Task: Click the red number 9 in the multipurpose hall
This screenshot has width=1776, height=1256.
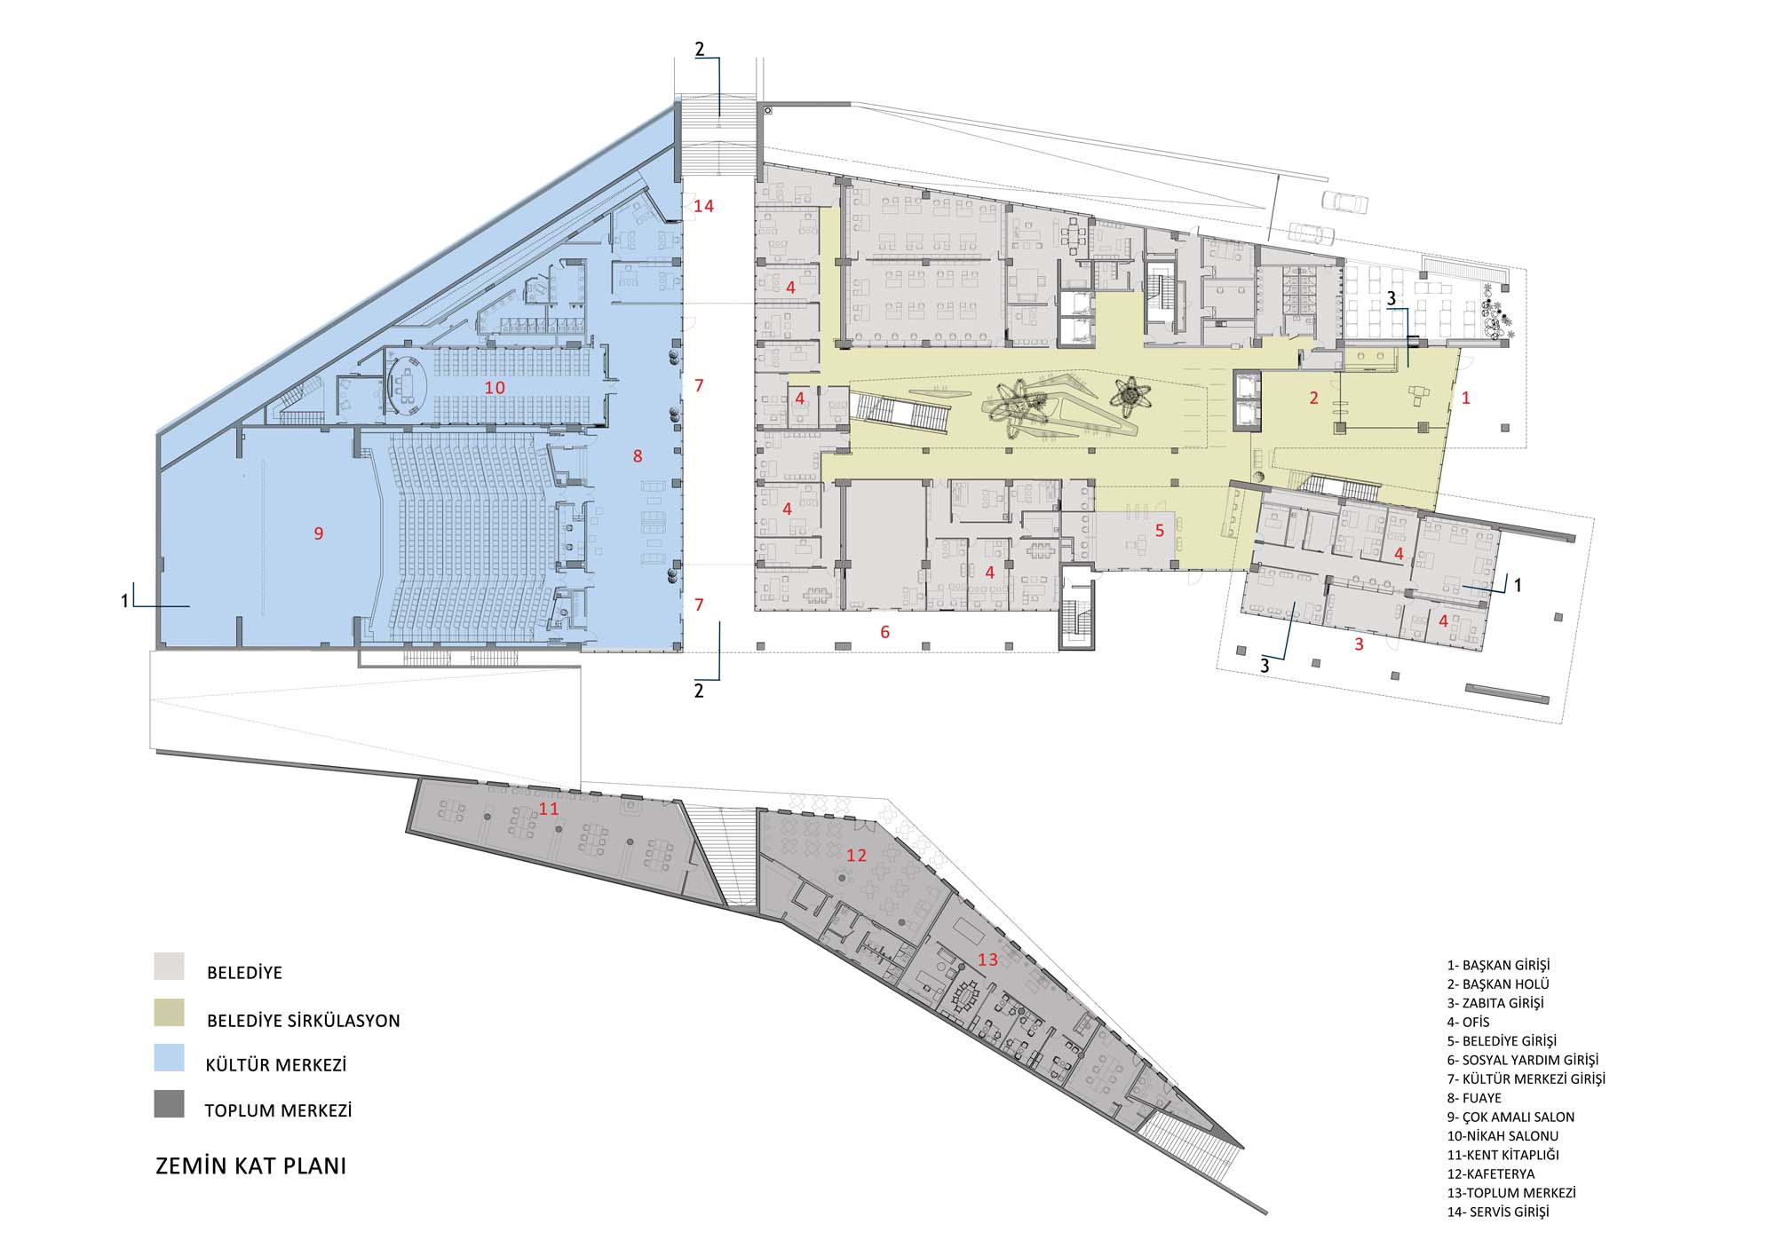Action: pyautogui.click(x=319, y=533)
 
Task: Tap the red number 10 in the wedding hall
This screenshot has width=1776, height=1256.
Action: pyautogui.click(x=495, y=388)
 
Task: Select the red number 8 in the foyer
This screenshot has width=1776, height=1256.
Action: pyautogui.click(x=638, y=456)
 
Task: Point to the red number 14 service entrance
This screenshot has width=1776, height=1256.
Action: pyautogui.click(x=704, y=207)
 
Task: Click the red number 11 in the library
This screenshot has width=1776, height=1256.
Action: pyautogui.click(x=549, y=809)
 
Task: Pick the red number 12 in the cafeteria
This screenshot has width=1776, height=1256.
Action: pyautogui.click(x=856, y=855)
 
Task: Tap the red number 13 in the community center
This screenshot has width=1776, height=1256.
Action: pyautogui.click(x=987, y=960)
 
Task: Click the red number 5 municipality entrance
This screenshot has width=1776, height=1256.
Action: pyautogui.click(x=1159, y=531)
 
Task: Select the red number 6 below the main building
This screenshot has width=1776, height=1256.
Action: pyautogui.click(x=884, y=632)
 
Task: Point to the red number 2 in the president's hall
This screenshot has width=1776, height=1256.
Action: pyautogui.click(x=1314, y=399)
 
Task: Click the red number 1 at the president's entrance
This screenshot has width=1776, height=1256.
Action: pyautogui.click(x=1466, y=399)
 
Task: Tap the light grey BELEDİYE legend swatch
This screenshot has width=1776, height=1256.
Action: pyautogui.click(x=169, y=967)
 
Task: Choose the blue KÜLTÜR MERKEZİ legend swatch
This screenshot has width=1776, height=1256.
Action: pyautogui.click(x=169, y=1058)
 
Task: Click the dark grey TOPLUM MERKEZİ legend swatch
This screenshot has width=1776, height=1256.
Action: pyautogui.click(x=169, y=1104)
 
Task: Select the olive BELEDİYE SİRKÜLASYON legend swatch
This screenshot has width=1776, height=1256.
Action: pyautogui.click(x=169, y=1013)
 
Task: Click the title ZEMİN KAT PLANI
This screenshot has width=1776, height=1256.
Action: pyautogui.click(x=251, y=1165)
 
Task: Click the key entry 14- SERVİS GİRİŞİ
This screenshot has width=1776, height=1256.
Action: pyautogui.click(x=1498, y=1212)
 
